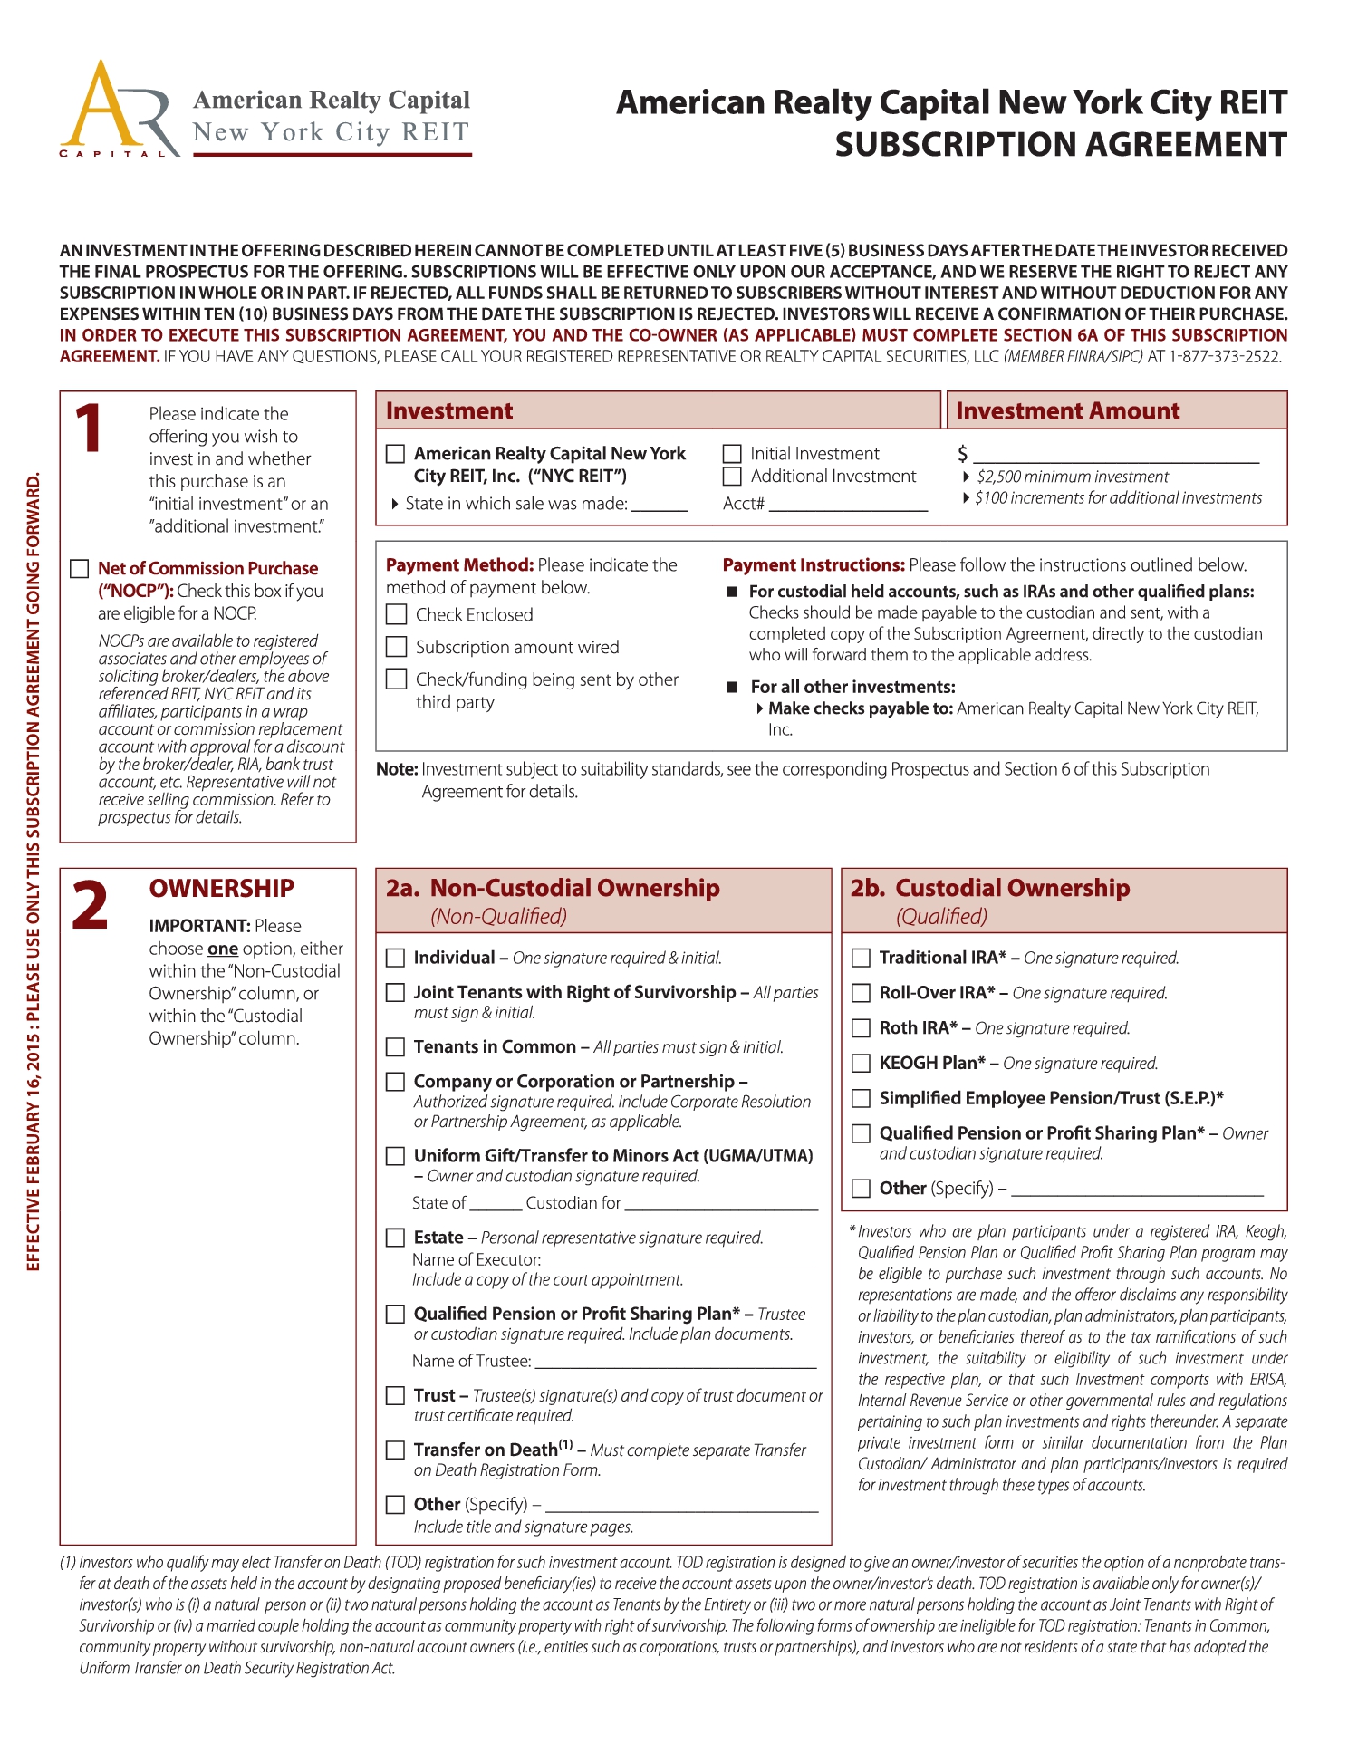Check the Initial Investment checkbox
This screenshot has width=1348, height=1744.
coord(732,454)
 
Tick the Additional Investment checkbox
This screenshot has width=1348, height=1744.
coord(732,477)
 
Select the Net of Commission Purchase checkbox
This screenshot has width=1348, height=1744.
coord(80,569)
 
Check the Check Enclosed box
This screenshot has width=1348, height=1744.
coord(396,615)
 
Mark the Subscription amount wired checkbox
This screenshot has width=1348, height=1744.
coord(396,647)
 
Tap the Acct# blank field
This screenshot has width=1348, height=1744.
coord(848,506)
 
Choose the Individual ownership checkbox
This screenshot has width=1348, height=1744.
coord(396,958)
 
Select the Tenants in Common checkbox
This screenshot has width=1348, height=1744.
coord(396,1047)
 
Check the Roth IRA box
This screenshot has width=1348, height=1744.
coord(862,1028)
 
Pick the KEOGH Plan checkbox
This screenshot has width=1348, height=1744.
coord(862,1064)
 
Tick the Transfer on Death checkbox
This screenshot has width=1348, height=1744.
coord(396,1450)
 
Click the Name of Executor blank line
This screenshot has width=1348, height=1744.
coord(681,1260)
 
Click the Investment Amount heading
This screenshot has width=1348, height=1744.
coord(1067,411)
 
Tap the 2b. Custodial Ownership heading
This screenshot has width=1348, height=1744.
coord(989,889)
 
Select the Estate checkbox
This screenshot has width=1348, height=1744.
coord(396,1238)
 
